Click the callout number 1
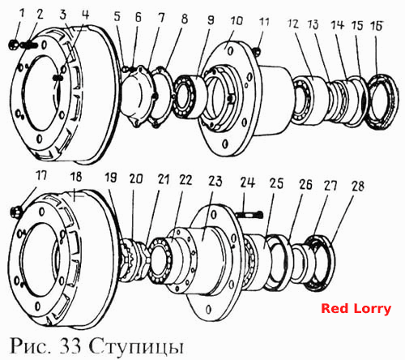(23, 13)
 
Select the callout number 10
(237, 21)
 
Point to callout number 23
(215, 181)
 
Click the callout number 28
(358, 186)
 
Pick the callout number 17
(41, 176)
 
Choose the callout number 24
(248, 182)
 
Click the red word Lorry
(373, 309)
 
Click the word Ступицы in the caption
(136, 346)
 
